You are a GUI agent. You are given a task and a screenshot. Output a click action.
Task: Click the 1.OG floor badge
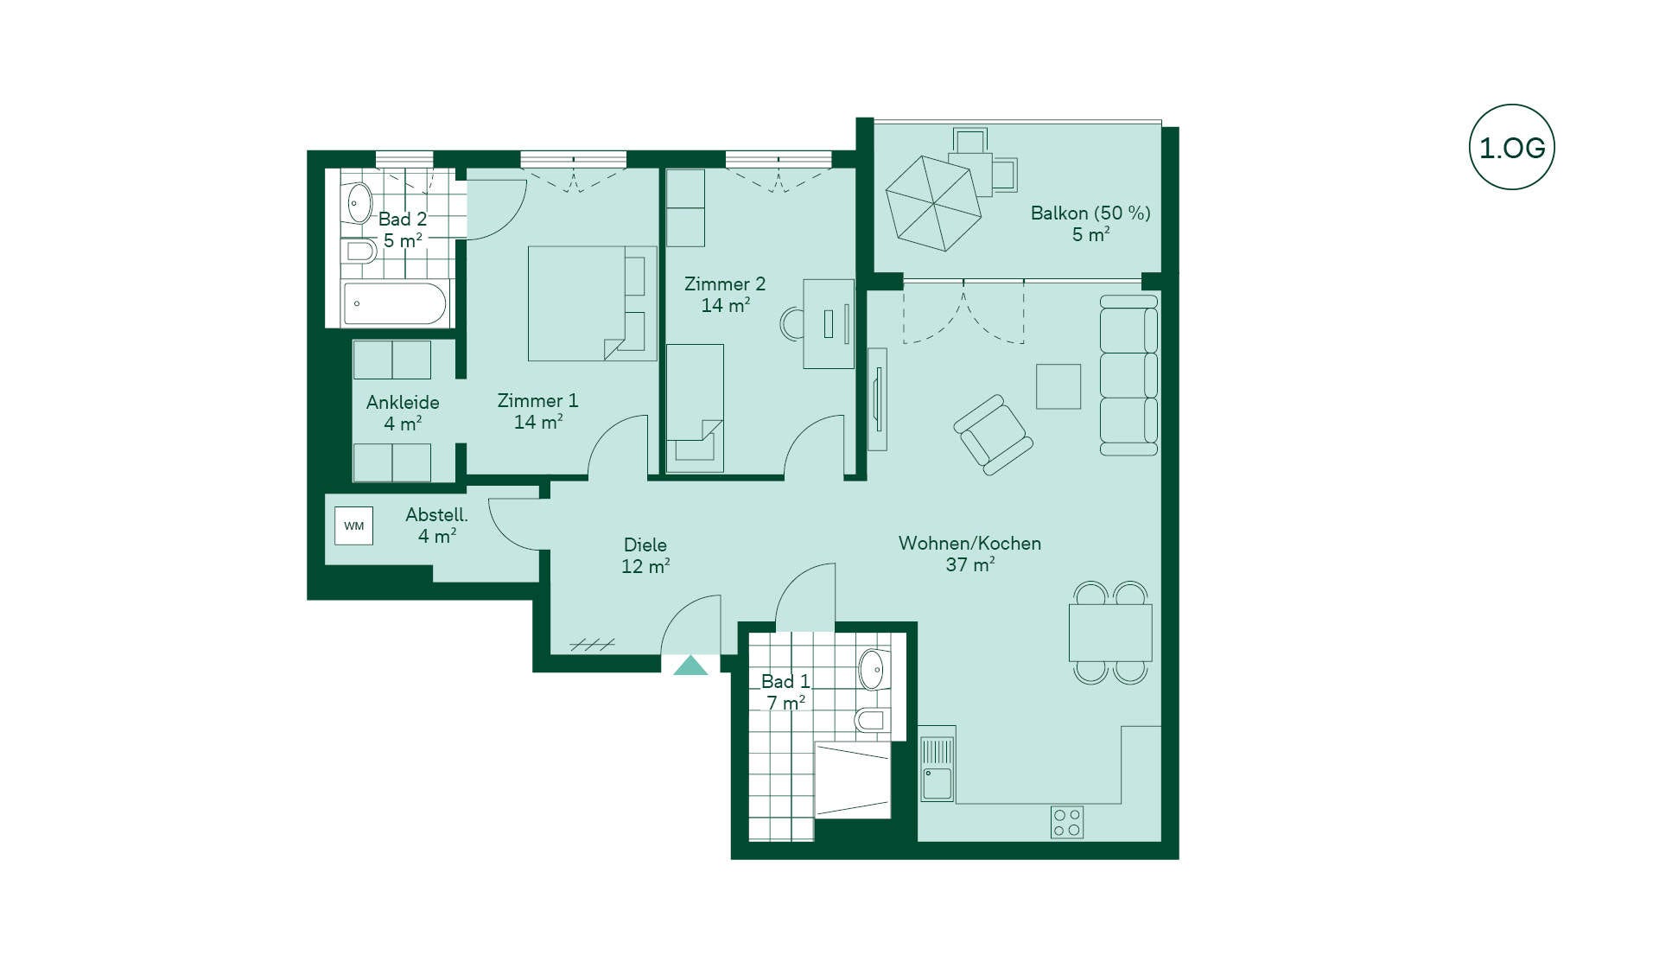point(1511,147)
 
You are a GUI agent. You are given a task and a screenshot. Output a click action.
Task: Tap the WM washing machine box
point(354,525)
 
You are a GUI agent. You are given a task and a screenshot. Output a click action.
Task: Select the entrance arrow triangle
point(690,665)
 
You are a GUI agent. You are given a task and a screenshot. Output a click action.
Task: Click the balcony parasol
point(933,203)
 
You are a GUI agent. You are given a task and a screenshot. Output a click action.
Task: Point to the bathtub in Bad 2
point(395,303)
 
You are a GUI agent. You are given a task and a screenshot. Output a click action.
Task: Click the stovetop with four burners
point(1067,822)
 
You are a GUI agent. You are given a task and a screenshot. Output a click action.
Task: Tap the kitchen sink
point(938,768)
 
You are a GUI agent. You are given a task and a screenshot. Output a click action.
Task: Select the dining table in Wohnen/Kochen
point(1110,633)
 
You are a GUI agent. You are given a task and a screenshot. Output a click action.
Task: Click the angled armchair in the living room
point(994,435)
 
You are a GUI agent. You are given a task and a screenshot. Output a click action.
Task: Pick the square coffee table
point(1058,386)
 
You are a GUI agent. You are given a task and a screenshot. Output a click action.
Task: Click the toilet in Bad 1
point(871,719)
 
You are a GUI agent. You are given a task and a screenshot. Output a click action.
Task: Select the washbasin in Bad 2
point(359,204)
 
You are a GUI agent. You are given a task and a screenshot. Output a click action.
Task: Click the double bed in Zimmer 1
point(593,303)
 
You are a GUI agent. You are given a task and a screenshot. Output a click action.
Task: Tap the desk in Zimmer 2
point(829,324)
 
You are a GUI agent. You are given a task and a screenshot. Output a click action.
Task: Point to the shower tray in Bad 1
point(853,780)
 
